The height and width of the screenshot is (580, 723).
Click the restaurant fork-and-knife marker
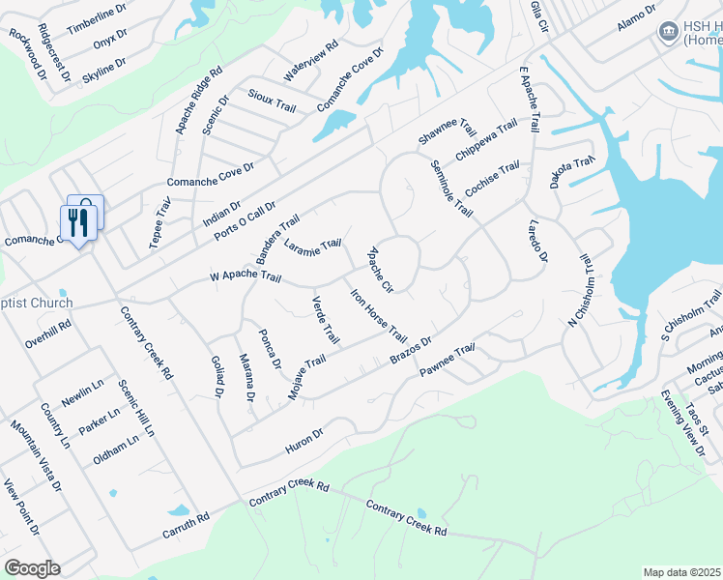tap(75, 222)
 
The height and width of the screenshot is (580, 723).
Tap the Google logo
tap(32, 568)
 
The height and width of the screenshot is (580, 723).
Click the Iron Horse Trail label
tap(378, 315)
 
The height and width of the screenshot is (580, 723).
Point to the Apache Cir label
tap(380, 270)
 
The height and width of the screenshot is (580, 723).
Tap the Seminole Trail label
tap(451, 188)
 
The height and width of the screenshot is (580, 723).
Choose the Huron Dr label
tap(304, 439)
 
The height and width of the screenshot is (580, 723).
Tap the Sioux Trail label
tap(272, 101)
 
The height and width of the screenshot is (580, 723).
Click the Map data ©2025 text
tap(681, 572)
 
